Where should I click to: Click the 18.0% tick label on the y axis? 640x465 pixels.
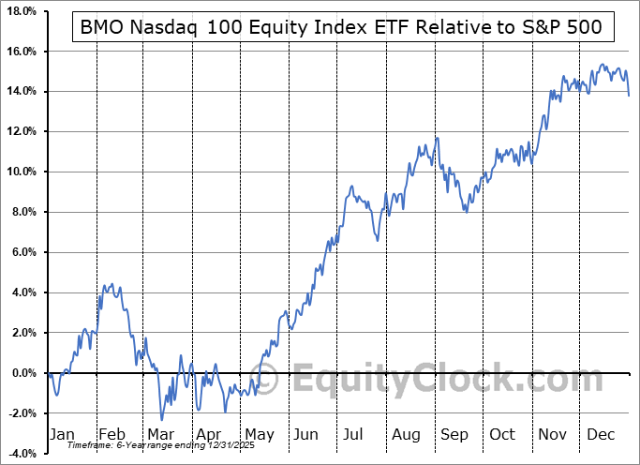(21, 11)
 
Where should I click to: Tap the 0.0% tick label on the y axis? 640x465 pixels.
(22, 373)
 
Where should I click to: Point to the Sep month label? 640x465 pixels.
(455, 434)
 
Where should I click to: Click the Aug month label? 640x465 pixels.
(408, 434)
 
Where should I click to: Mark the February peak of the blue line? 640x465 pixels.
(112, 284)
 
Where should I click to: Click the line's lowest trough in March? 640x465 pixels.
(161, 419)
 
